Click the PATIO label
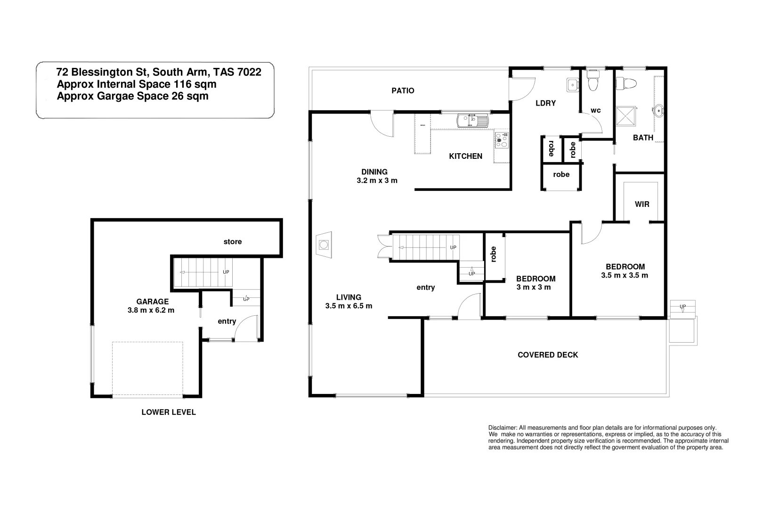pyautogui.click(x=403, y=90)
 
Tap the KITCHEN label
pyautogui.click(x=465, y=156)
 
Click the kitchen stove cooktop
pyautogui.click(x=502, y=140)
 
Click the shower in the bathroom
pyautogui.click(x=626, y=115)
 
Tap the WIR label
pyautogui.click(x=642, y=204)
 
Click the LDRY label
pyautogui.click(x=545, y=103)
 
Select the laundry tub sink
pyautogui.click(x=572, y=85)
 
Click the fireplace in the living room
pyautogui.click(x=324, y=245)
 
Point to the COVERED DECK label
pyautogui.click(x=547, y=355)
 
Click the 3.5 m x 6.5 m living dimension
pyautogui.click(x=349, y=306)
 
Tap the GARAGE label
pyautogui.click(x=152, y=302)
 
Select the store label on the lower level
pyautogui.click(x=233, y=242)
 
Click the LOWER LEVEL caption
pyautogui.click(x=169, y=412)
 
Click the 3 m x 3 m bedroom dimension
pyautogui.click(x=534, y=287)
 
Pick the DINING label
pyautogui.click(x=374, y=172)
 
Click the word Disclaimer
pyautogui.click(x=503, y=427)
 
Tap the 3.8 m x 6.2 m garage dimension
pyautogui.click(x=151, y=310)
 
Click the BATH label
pyautogui.click(x=643, y=138)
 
